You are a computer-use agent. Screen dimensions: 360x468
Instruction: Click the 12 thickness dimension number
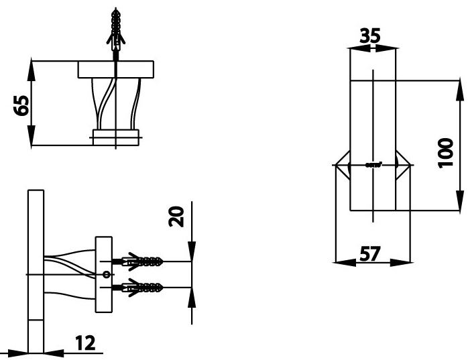tap(84, 343)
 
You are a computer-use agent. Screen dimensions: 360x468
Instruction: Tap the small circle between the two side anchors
tap(105, 274)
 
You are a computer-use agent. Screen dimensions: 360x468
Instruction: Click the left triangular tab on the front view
tap(342, 164)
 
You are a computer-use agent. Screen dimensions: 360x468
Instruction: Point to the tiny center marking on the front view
tap(373, 164)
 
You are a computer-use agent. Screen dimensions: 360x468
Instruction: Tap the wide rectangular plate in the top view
tap(116, 70)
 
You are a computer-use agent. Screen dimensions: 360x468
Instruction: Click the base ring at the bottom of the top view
tap(116, 137)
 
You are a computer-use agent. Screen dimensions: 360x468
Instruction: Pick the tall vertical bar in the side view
tap(36, 268)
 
